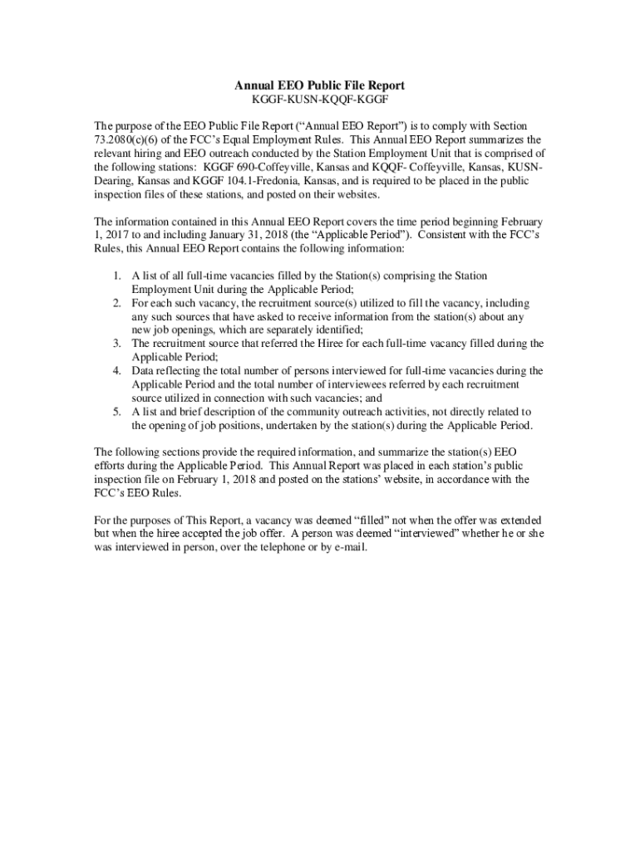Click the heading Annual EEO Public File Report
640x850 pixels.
click(x=319, y=85)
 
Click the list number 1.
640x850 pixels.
click(x=118, y=275)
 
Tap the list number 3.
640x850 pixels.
click(x=118, y=343)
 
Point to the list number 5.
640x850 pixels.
click(x=118, y=412)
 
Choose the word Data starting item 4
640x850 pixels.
click(x=144, y=371)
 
